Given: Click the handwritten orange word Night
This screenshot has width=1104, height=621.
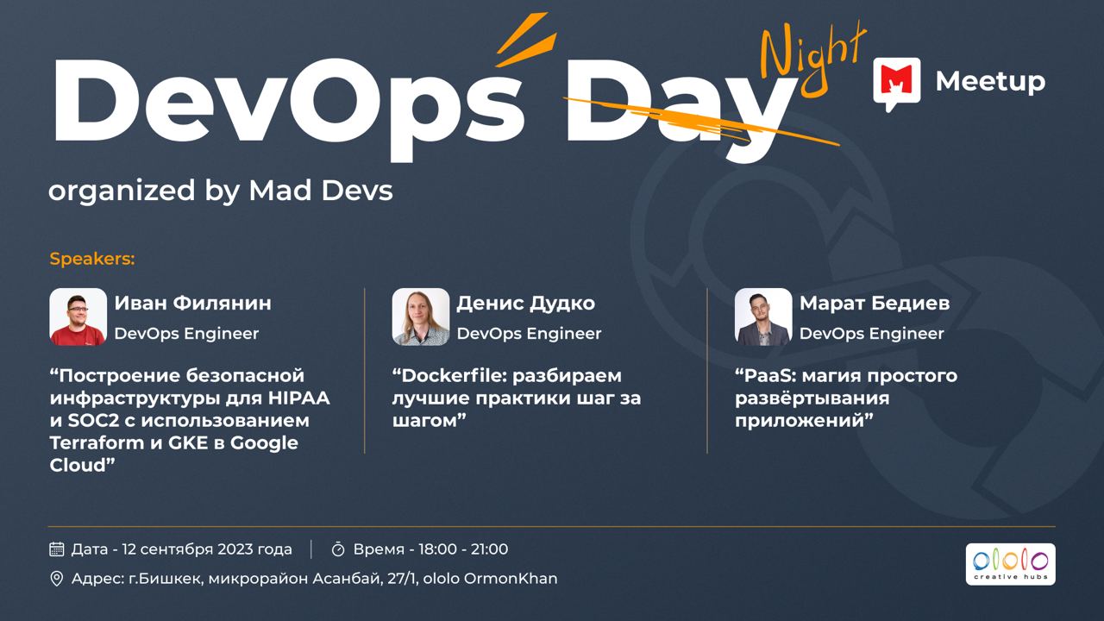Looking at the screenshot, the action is (813, 60).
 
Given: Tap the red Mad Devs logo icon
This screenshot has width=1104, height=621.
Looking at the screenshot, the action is (896, 84).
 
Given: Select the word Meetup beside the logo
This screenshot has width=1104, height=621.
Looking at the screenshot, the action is (990, 82).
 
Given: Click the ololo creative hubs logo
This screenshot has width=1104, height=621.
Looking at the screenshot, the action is (1010, 564).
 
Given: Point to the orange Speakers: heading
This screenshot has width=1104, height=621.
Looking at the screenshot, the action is (92, 259).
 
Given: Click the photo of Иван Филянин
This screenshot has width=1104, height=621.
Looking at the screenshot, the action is (78, 317).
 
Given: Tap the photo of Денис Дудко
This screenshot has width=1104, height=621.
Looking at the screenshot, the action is (420, 317).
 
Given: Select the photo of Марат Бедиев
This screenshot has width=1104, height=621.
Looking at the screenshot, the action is (763, 317).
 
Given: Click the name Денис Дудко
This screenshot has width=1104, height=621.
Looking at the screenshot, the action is (526, 304).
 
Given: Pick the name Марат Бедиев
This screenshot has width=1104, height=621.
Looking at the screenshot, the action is (875, 304).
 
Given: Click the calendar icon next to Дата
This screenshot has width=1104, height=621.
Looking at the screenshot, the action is (57, 549).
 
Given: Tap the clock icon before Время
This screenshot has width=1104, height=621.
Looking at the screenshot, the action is (338, 549).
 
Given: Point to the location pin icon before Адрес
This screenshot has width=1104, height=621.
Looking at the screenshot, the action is (57, 579).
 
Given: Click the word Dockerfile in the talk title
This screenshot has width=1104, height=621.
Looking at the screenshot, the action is (454, 375).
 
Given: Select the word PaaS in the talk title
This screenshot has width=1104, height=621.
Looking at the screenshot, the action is (768, 375).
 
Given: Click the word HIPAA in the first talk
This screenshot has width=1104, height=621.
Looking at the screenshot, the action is (299, 398).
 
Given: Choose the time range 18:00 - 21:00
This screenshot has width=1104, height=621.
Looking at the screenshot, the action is (463, 549).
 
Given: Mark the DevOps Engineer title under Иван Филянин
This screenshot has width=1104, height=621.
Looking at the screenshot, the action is (186, 334).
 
